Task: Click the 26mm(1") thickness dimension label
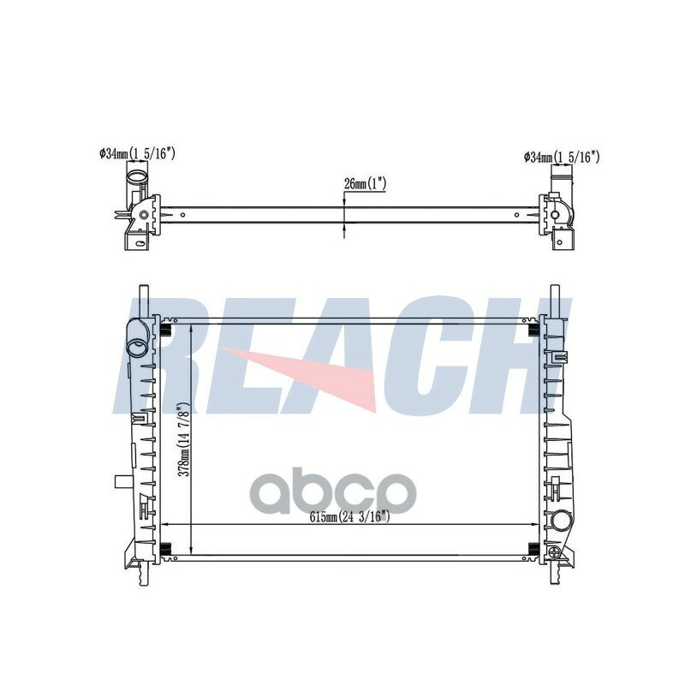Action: click(366, 184)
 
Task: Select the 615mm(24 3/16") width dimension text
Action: click(350, 517)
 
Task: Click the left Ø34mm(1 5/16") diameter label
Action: click(137, 153)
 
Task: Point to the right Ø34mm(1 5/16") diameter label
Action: click(562, 158)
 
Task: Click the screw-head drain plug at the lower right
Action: click(554, 551)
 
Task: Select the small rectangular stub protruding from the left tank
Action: click(122, 481)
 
